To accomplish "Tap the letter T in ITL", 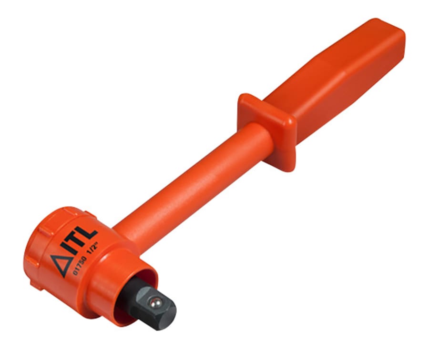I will pyautogui.click(x=81, y=241).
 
